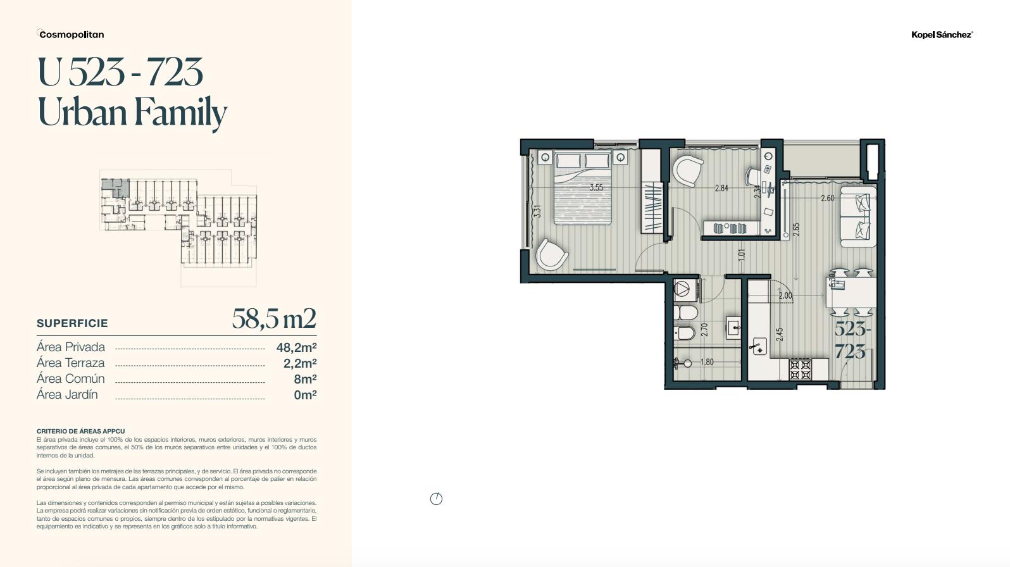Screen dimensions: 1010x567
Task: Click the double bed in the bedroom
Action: point(583,189)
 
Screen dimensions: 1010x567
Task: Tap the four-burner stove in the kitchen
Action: point(801,369)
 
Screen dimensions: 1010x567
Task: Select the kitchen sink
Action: point(759,347)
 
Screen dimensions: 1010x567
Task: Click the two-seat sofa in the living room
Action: point(858,216)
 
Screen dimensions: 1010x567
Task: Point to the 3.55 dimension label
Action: point(596,187)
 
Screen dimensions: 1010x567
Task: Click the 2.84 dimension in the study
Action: point(721,188)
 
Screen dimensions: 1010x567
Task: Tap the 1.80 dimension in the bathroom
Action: point(706,362)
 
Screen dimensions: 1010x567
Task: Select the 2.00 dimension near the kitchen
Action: point(785,296)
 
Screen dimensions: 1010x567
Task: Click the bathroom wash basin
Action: point(733,328)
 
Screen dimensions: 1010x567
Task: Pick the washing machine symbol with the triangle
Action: point(685,290)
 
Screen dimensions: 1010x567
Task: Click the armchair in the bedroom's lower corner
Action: point(551,255)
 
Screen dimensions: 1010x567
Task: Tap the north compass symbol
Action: point(436,499)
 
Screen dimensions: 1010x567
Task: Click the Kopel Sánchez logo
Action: point(942,35)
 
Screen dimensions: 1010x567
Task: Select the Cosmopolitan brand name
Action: point(71,34)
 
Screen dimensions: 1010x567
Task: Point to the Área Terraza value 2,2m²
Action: point(300,363)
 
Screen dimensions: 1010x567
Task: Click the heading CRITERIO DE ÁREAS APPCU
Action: point(81,431)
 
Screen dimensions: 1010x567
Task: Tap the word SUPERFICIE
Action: point(72,323)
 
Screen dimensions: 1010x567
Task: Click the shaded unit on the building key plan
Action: point(115,187)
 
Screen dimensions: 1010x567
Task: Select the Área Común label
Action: point(70,378)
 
